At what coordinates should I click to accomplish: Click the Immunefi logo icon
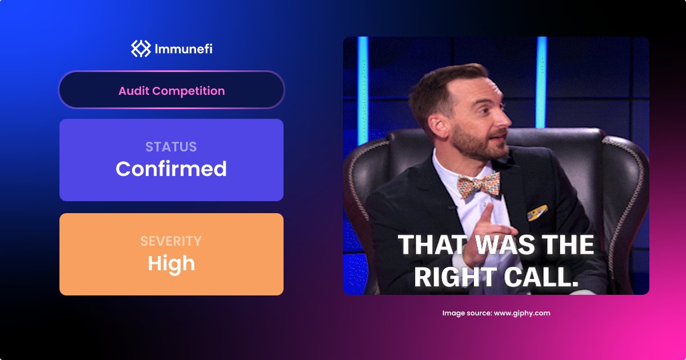[x=140, y=49]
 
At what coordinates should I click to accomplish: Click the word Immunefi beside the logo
[x=184, y=49]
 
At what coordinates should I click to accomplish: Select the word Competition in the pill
[x=189, y=91]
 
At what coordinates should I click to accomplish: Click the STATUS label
[x=171, y=147]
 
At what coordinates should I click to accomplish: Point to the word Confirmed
[x=171, y=169]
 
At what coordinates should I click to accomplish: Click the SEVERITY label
[x=171, y=241]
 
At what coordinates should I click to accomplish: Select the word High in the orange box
[x=171, y=263]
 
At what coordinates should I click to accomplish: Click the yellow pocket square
[x=537, y=213]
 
